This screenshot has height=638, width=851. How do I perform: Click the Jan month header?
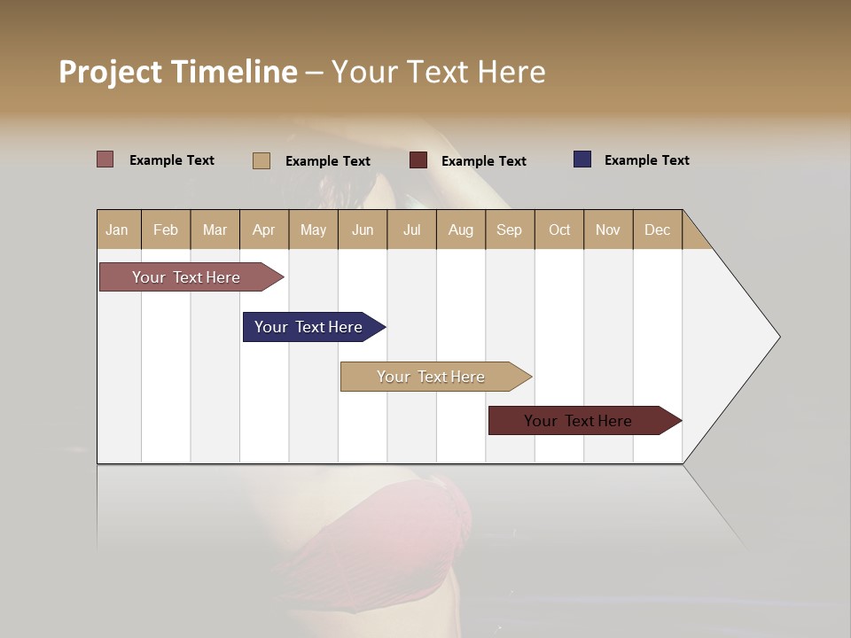click(x=118, y=230)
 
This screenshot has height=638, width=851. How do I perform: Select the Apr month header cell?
click(x=264, y=230)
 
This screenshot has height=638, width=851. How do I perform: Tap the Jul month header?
click(x=412, y=230)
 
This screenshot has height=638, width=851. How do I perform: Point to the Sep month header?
click(x=510, y=230)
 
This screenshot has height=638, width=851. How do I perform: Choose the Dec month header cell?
click(x=658, y=230)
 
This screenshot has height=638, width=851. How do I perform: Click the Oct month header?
click(x=559, y=230)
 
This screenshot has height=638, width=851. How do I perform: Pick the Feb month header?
click(x=166, y=230)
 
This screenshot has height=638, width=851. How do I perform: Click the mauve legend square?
click(x=105, y=159)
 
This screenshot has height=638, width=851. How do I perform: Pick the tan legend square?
click(x=261, y=160)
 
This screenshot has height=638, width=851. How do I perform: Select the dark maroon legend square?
click(x=418, y=160)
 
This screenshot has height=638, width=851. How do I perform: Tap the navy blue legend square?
click(x=582, y=159)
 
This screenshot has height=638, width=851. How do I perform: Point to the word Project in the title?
click(x=110, y=72)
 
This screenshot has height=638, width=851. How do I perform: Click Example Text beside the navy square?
click(x=646, y=160)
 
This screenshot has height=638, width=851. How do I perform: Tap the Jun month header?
click(x=363, y=230)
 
